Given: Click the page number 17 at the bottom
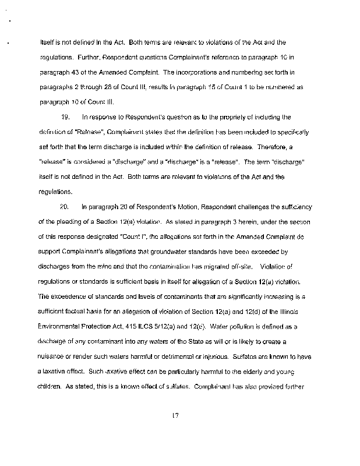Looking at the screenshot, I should (174, 415).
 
